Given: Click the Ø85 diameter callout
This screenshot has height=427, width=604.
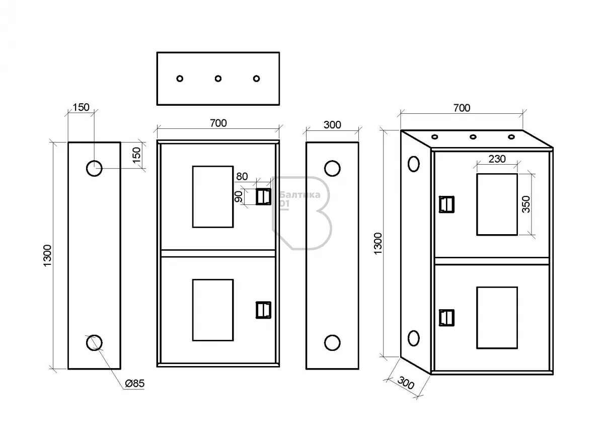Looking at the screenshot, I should pyautogui.click(x=134, y=384).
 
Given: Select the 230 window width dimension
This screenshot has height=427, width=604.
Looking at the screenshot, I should pyautogui.click(x=497, y=159).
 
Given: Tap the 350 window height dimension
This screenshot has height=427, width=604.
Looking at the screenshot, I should pyautogui.click(x=526, y=204).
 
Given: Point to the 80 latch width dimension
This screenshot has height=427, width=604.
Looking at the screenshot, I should pyautogui.click(x=242, y=177).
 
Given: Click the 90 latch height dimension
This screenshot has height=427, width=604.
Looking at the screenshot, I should pyautogui.click(x=239, y=196).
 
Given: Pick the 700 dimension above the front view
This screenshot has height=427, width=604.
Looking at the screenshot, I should pyautogui.click(x=218, y=123).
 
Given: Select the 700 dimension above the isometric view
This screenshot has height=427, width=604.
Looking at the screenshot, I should pyautogui.click(x=462, y=108).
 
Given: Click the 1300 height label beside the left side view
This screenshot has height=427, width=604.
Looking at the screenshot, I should pyautogui.click(x=47, y=256).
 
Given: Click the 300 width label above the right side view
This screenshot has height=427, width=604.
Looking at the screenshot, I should pyautogui.click(x=332, y=125).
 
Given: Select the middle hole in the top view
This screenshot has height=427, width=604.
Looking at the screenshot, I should pyautogui.click(x=218, y=79).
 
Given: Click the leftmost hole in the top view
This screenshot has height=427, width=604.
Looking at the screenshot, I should pyautogui.click(x=180, y=79).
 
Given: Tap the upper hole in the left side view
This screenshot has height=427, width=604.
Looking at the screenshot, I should pyautogui.click(x=94, y=168).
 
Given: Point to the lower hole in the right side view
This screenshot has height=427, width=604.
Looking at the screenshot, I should pyautogui.click(x=332, y=342).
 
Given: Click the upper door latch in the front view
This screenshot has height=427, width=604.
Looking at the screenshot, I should pyautogui.click(x=262, y=196).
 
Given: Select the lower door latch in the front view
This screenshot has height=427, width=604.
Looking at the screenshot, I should pyautogui.click(x=262, y=310).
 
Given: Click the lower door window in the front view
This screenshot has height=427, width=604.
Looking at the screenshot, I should pyautogui.click(x=213, y=310).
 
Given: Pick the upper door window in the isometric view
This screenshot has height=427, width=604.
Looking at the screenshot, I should pyautogui.click(x=497, y=204).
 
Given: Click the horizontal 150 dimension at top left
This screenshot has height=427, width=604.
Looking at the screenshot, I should pyautogui.click(x=81, y=107).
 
